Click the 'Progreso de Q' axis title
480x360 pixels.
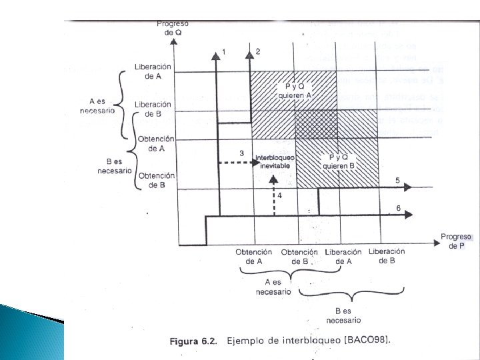click(x=172, y=29)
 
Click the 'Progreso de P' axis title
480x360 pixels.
click(x=457, y=241)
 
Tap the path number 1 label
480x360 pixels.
click(x=225, y=51)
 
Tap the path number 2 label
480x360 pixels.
click(x=257, y=51)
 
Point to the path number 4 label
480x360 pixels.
click(x=280, y=195)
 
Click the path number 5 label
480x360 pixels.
click(x=397, y=181)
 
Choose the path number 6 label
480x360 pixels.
click(x=398, y=208)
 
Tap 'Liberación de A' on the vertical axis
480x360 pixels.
click(x=153, y=71)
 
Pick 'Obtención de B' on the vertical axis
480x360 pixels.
click(x=156, y=180)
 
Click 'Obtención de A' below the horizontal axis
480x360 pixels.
click(x=254, y=257)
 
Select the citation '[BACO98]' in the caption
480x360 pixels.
click(x=366, y=341)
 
